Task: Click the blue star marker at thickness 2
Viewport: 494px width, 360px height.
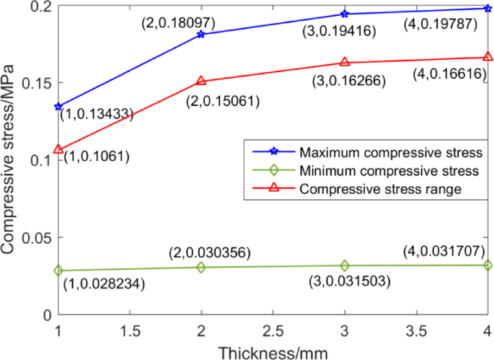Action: click(200, 35)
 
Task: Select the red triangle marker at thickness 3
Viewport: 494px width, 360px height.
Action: click(345, 63)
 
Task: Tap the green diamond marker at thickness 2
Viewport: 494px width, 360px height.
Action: click(200, 268)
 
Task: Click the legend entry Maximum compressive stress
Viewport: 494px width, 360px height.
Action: click(390, 153)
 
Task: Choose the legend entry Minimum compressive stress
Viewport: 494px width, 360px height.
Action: click(389, 171)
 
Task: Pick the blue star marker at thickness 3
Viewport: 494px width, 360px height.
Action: click(345, 14)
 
